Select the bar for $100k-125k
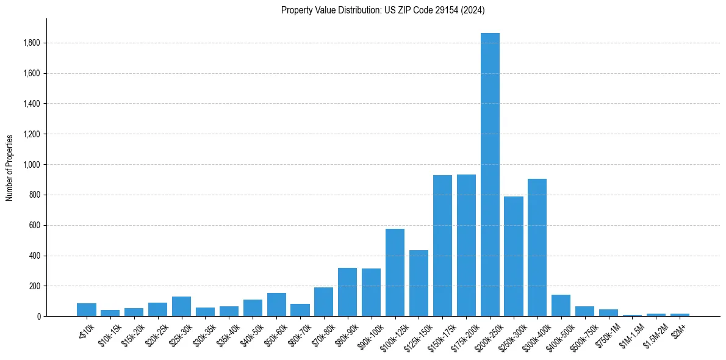395,273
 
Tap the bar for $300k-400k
537,248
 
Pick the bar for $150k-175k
442,246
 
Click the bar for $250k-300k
513,256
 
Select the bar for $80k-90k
347,292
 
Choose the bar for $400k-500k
561,306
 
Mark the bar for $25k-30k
181,306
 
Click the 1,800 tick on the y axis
32,43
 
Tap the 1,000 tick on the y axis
32,165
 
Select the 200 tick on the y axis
35,286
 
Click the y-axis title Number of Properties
9,167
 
